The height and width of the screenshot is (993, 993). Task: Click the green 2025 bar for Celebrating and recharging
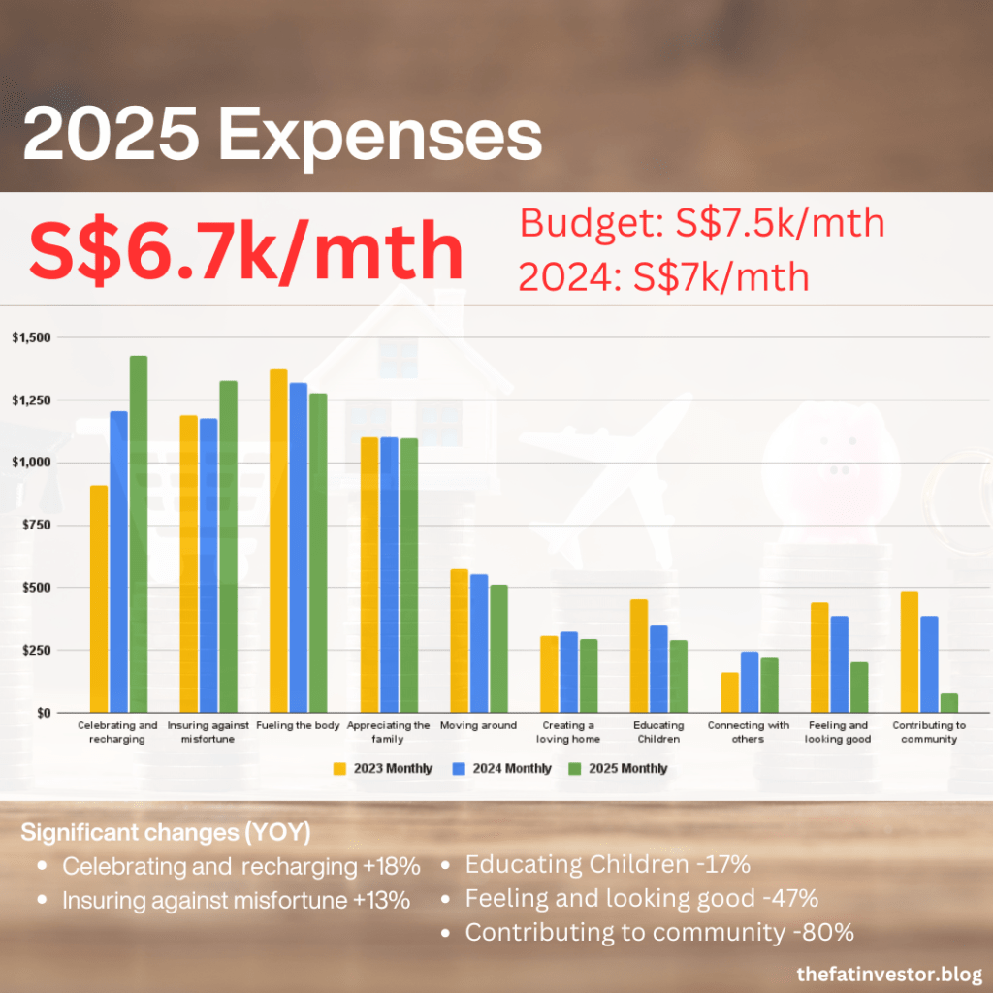click(139, 533)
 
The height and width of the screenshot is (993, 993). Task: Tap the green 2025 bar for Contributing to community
click(948, 703)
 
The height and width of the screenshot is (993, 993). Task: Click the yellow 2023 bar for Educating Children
click(639, 656)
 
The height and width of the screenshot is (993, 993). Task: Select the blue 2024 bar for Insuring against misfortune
click(208, 565)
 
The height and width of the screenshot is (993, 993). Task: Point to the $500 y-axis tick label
click(36, 588)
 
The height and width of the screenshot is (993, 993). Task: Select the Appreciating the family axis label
click(388, 731)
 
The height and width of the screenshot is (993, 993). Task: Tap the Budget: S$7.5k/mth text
click(703, 224)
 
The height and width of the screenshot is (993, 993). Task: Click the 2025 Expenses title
click(281, 137)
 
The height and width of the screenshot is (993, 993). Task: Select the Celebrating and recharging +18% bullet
click(240, 866)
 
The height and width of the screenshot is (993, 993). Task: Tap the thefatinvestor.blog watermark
click(888, 972)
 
